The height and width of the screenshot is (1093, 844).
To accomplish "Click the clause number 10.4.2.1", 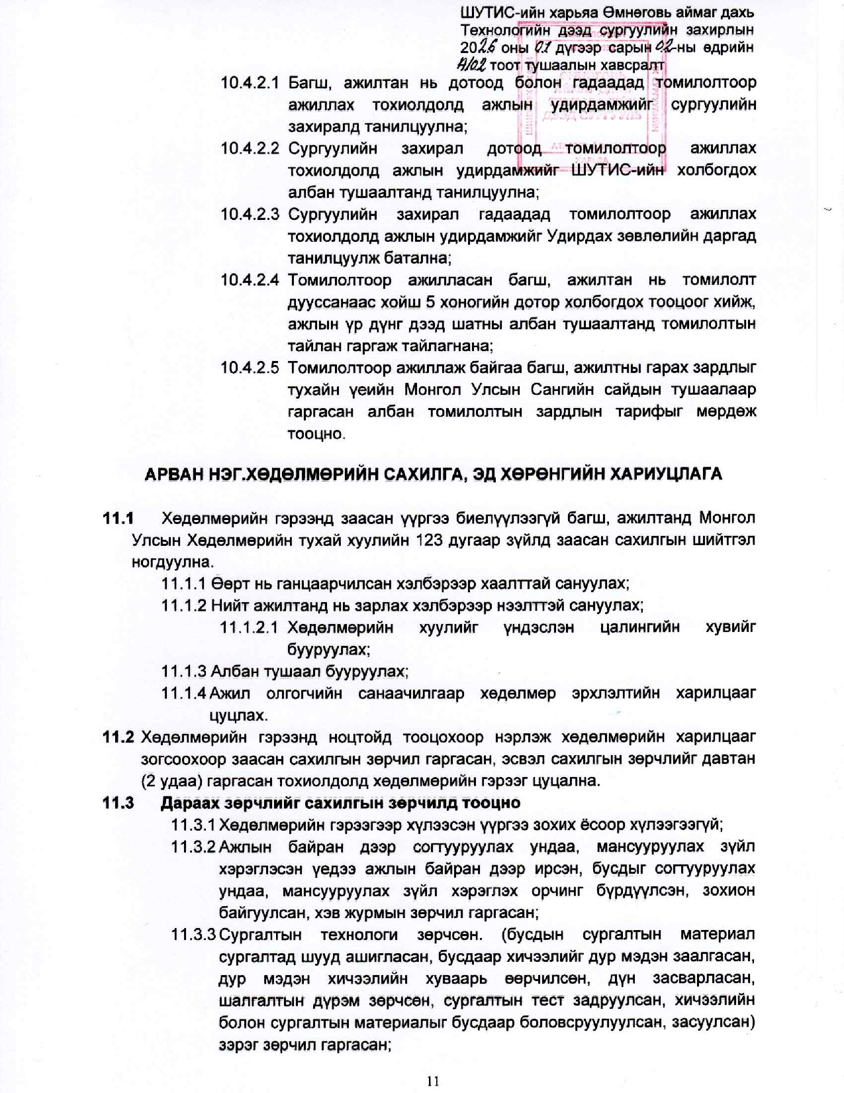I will click(250, 83).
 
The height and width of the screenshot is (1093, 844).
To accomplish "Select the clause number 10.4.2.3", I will click(250, 215).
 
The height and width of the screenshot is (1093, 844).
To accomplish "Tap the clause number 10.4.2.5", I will click(250, 368).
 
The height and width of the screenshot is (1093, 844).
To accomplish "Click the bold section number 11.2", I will click(118, 737).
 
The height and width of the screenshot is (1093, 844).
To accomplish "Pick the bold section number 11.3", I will click(118, 803).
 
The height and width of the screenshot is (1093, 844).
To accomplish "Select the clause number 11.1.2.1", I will click(249, 627).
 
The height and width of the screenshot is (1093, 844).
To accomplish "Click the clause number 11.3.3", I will click(193, 935).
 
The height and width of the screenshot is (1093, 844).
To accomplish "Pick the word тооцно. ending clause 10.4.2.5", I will click(316, 434).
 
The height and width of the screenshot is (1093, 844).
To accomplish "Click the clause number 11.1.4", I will click(184, 694).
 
